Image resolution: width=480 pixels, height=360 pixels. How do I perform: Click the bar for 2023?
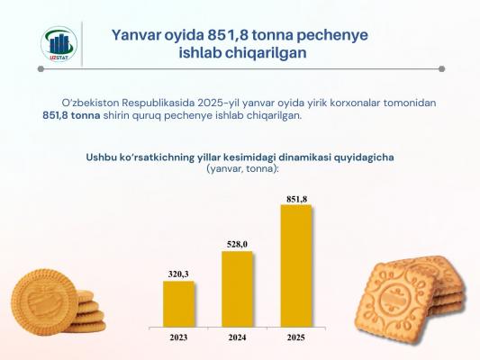click(x=178, y=303)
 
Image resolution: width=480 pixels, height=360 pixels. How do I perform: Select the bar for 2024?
click(x=237, y=289)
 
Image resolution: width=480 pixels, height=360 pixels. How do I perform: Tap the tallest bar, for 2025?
click(x=296, y=265)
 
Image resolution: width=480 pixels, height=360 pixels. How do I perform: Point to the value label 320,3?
click(x=178, y=274)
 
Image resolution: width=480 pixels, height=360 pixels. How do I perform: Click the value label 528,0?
click(x=237, y=245)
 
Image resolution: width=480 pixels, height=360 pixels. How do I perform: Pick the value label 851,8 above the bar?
click(x=296, y=199)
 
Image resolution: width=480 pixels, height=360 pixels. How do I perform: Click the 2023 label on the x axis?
click(x=178, y=337)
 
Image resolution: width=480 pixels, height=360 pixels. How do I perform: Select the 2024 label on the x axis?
click(x=237, y=337)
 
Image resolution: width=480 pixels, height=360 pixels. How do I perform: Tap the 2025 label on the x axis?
click(x=296, y=337)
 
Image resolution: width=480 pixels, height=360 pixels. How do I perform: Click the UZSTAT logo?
click(x=59, y=44)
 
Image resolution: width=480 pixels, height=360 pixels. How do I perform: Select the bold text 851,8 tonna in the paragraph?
click(x=71, y=115)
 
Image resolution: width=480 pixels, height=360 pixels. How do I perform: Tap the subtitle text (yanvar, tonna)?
click(x=243, y=168)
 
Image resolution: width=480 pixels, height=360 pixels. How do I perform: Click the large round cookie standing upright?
click(x=44, y=301)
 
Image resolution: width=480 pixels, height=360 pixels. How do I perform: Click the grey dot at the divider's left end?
click(x=41, y=69)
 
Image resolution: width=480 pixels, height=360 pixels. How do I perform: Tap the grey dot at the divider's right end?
click(x=442, y=69)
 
